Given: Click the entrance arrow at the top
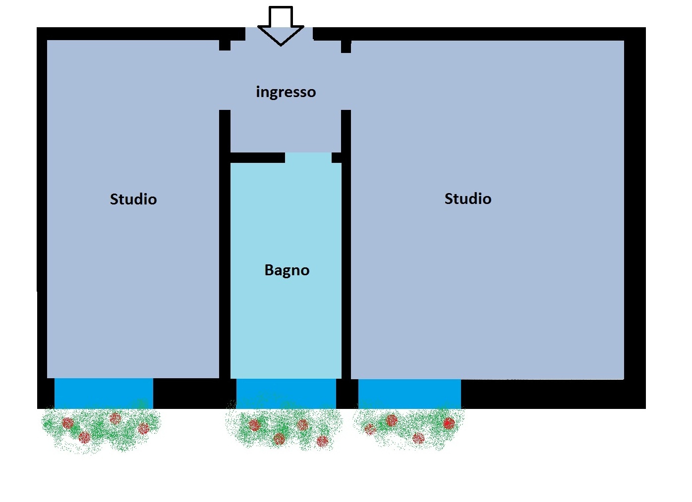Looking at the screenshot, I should coord(281,27).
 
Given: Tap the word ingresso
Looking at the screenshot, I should coord(286,92).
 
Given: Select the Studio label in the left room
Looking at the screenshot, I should coord(133,199).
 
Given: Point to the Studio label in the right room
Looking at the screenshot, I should coord(467,199).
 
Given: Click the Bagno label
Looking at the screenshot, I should coord(287,270).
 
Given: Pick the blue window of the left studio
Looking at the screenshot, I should coord(104,393).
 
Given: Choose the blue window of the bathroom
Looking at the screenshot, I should coord(286,394).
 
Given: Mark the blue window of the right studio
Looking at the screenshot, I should coord(409,394).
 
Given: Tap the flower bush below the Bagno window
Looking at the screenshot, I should coord(284,428).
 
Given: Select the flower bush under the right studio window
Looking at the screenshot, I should coord(409,427).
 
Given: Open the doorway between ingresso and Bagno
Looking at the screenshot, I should coord(308,157).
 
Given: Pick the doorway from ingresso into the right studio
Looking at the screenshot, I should coord(346,81).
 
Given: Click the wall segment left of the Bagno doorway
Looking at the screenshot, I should coord(257,158).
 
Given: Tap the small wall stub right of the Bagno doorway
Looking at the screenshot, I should coord(337,157).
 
